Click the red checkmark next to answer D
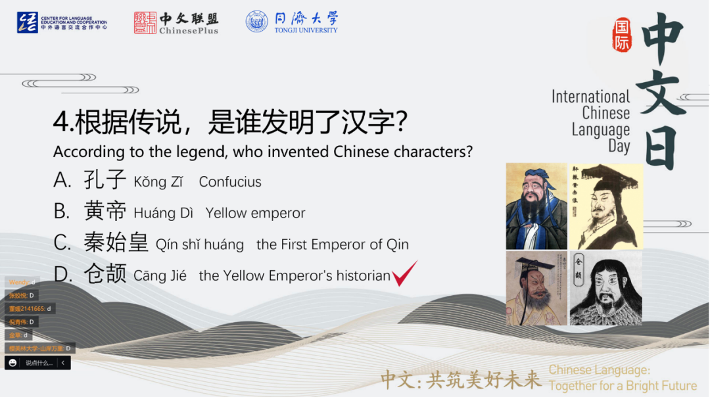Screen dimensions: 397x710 404,273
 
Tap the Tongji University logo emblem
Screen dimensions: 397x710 257,22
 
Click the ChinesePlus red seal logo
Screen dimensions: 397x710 145,22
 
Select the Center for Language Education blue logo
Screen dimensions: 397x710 27,22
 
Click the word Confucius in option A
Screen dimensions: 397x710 230,182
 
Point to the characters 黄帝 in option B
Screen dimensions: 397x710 105,212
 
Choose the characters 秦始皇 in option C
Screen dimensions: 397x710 116,243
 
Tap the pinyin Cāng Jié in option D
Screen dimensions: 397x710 160,276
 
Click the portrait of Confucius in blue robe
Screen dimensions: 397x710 536,206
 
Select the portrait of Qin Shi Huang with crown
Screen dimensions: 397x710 536,288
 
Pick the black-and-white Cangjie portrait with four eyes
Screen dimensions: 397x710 605,288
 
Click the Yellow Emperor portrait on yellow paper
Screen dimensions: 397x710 605,206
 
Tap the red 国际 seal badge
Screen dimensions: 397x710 621,35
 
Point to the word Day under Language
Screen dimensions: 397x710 619,146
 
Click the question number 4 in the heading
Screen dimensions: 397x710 60,122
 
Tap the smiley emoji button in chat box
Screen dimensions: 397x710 12,363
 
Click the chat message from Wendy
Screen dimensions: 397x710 22,283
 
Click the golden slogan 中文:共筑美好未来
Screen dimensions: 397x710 461,379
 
